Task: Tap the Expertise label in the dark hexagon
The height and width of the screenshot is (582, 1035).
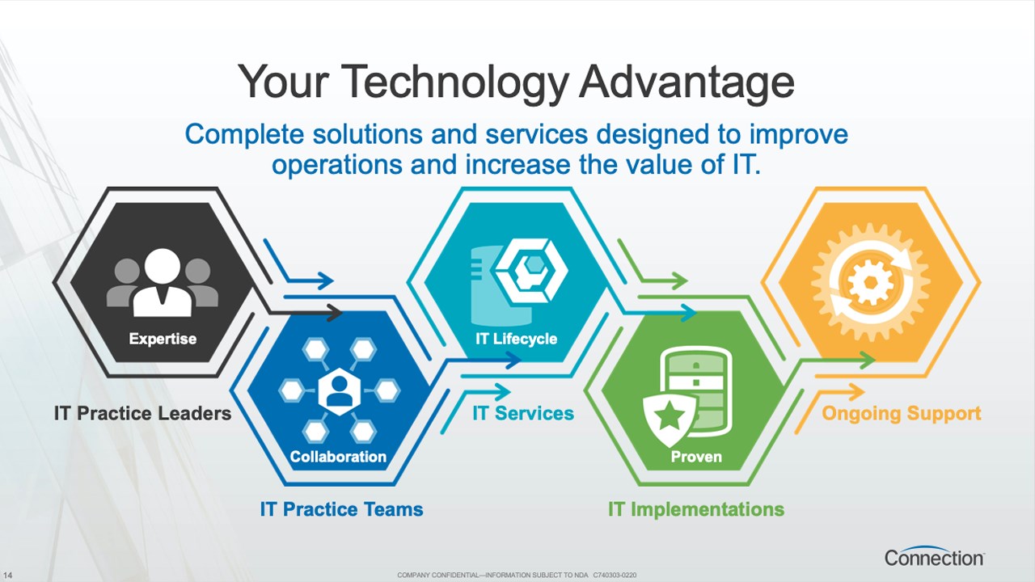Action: coord(163,339)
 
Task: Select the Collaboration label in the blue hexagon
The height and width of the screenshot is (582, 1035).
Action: coord(338,457)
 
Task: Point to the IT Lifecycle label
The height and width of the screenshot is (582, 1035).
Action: coord(517,339)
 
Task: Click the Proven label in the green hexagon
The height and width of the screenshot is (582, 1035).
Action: coord(696,457)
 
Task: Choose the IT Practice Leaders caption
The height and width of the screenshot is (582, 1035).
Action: coord(143,413)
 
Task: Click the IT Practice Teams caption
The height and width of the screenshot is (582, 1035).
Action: coord(341,509)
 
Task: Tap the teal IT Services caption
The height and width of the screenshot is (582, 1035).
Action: coord(523,413)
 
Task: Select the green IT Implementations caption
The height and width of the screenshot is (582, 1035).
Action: coord(696,509)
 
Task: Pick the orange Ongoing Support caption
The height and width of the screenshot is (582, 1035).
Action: coord(902,413)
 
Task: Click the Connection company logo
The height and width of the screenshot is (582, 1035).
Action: coord(934,557)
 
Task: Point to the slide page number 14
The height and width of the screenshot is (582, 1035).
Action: coord(8,575)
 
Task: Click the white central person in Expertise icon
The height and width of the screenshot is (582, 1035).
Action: coord(163,283)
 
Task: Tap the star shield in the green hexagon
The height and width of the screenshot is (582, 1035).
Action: coord(669,419)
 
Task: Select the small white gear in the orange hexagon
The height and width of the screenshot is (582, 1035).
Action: coord(871,283)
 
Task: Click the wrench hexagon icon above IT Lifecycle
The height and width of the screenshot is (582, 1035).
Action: coord(531,271)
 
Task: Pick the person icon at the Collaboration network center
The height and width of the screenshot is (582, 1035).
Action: coord(339,392)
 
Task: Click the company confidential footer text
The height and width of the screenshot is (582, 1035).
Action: coord(517,575)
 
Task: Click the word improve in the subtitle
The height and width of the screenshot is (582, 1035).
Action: coord(798,134)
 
